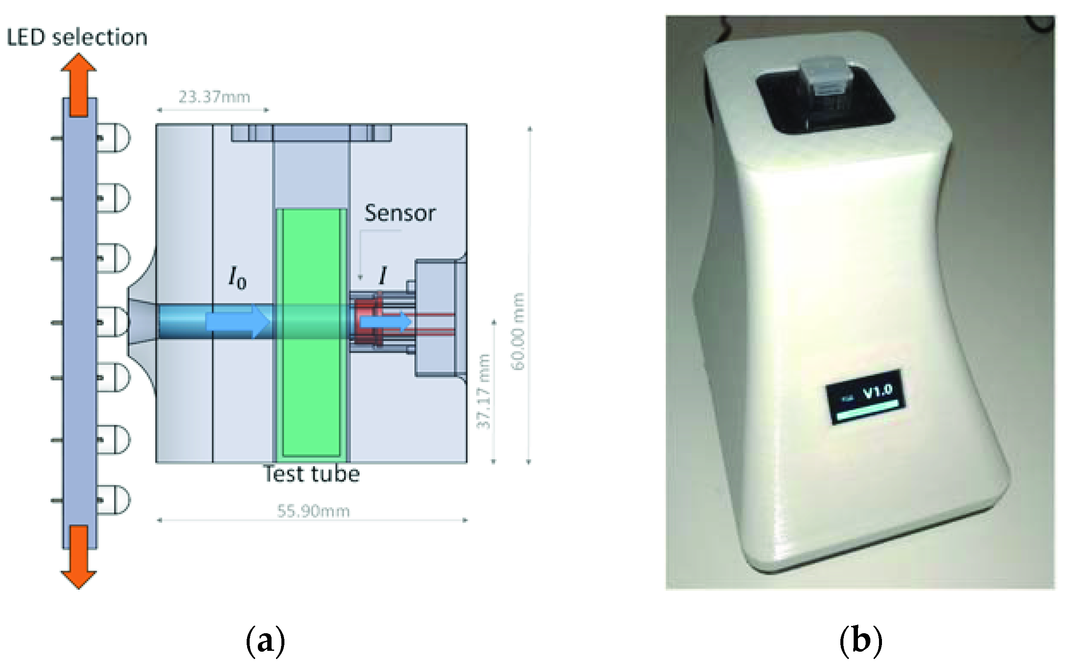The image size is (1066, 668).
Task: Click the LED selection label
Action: [77, 37]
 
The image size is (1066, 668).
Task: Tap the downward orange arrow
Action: [79, 557]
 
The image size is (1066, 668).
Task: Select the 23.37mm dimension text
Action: [214, 97]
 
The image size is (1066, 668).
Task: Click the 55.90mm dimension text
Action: [313, 511]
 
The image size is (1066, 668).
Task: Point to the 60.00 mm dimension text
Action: [518, 331]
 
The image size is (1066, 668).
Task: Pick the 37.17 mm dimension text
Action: [484, 392]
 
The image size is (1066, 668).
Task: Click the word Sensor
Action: [399, 213]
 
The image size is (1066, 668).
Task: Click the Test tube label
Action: [311, 474]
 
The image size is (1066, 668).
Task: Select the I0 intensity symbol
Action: [237, 278]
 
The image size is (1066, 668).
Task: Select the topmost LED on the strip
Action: [114, 138]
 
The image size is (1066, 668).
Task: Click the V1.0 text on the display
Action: [878, 391]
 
